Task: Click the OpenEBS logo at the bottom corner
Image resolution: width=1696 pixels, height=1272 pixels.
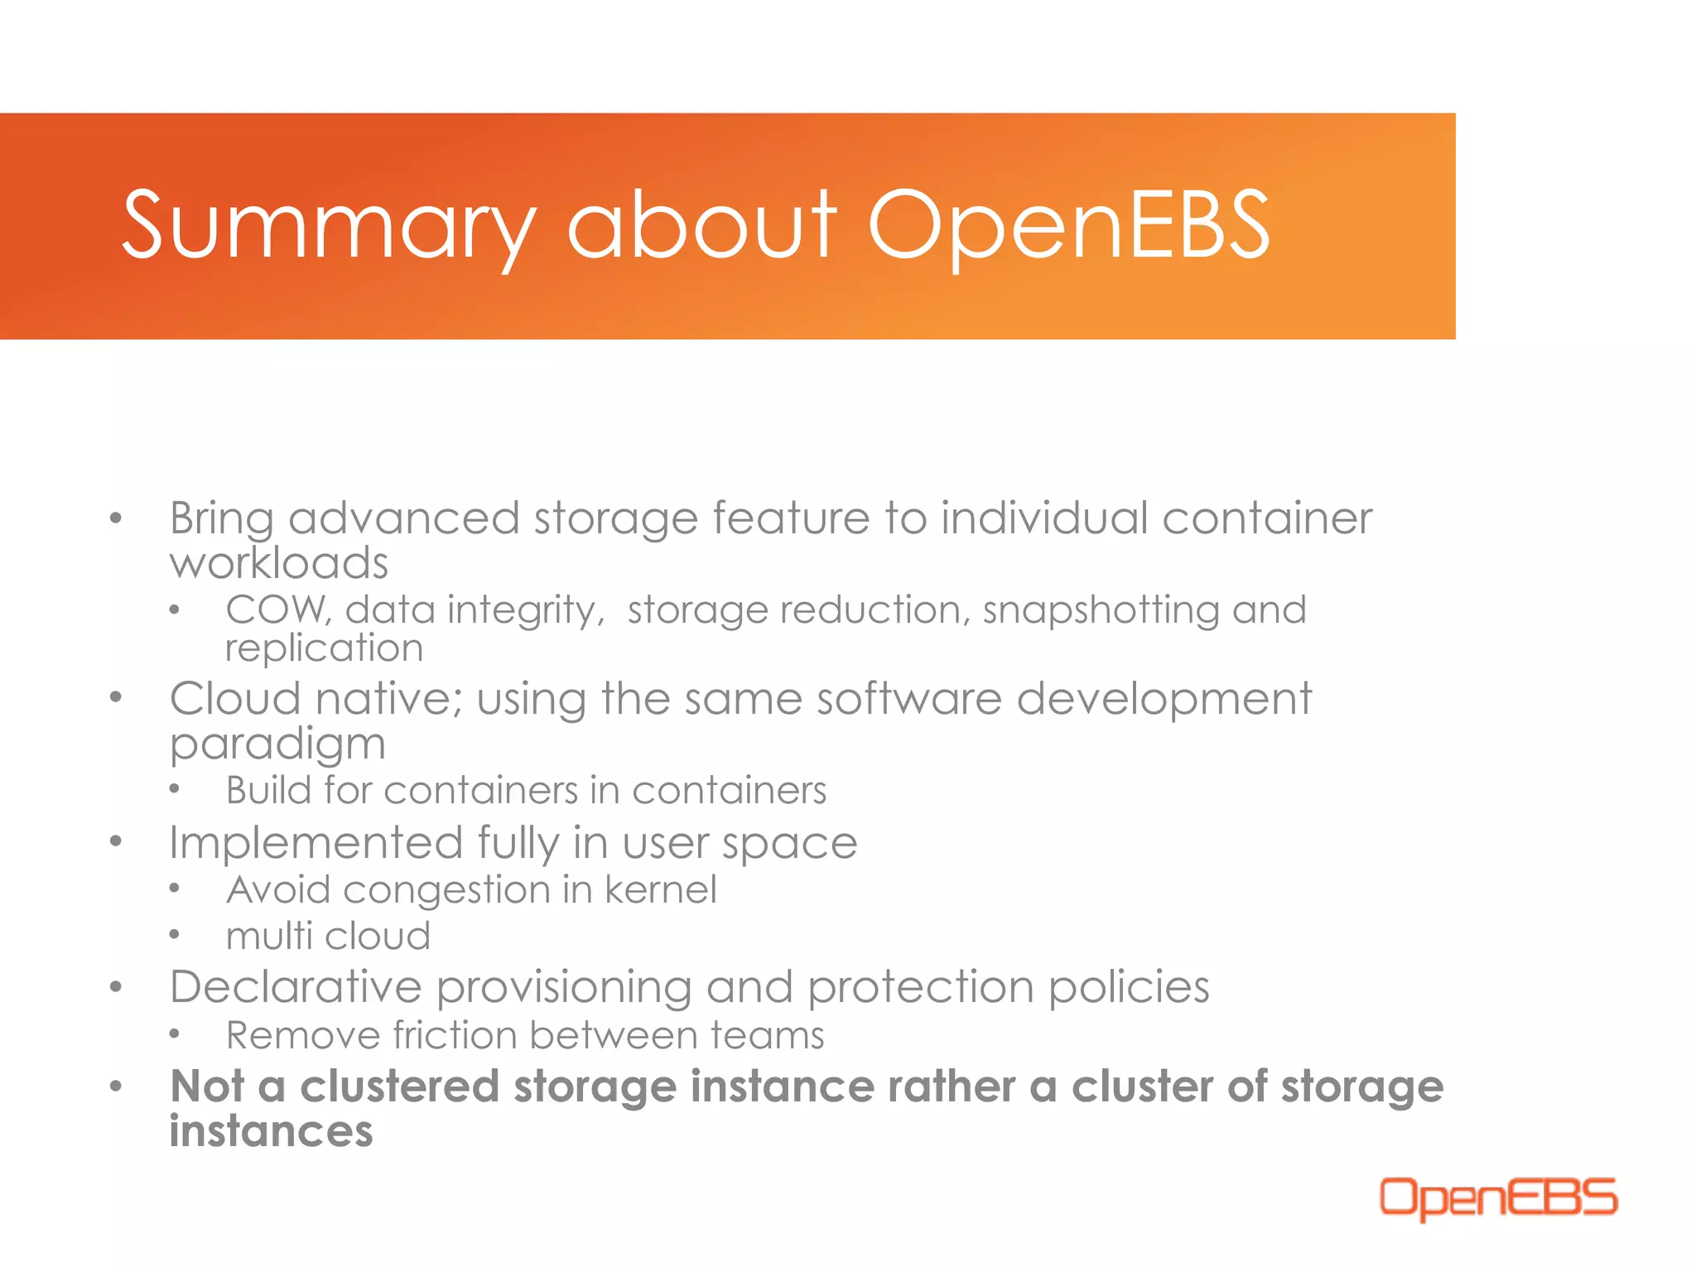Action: tap(1498, 1197)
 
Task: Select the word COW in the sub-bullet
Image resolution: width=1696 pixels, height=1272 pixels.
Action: tap(277, 609)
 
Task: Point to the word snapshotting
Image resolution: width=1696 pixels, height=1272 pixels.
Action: tap(1101, 611)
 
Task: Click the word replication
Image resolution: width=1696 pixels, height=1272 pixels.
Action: tap(324, 648)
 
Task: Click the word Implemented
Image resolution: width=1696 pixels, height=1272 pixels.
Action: tap(316, 843)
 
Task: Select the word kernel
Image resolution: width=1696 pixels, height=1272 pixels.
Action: tap(660, 890)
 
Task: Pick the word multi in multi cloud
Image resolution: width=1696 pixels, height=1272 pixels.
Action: tap(268, 937)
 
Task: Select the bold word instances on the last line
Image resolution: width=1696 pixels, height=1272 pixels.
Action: tap(271, 1131)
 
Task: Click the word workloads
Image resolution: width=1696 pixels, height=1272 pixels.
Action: tap(278, 563)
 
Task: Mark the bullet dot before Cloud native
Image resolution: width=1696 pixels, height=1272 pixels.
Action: tap(116, 697)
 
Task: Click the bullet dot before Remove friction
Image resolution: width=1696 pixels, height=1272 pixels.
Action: tap(174, 1034)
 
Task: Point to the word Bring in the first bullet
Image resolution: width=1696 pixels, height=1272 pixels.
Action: tap(221, 520)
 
